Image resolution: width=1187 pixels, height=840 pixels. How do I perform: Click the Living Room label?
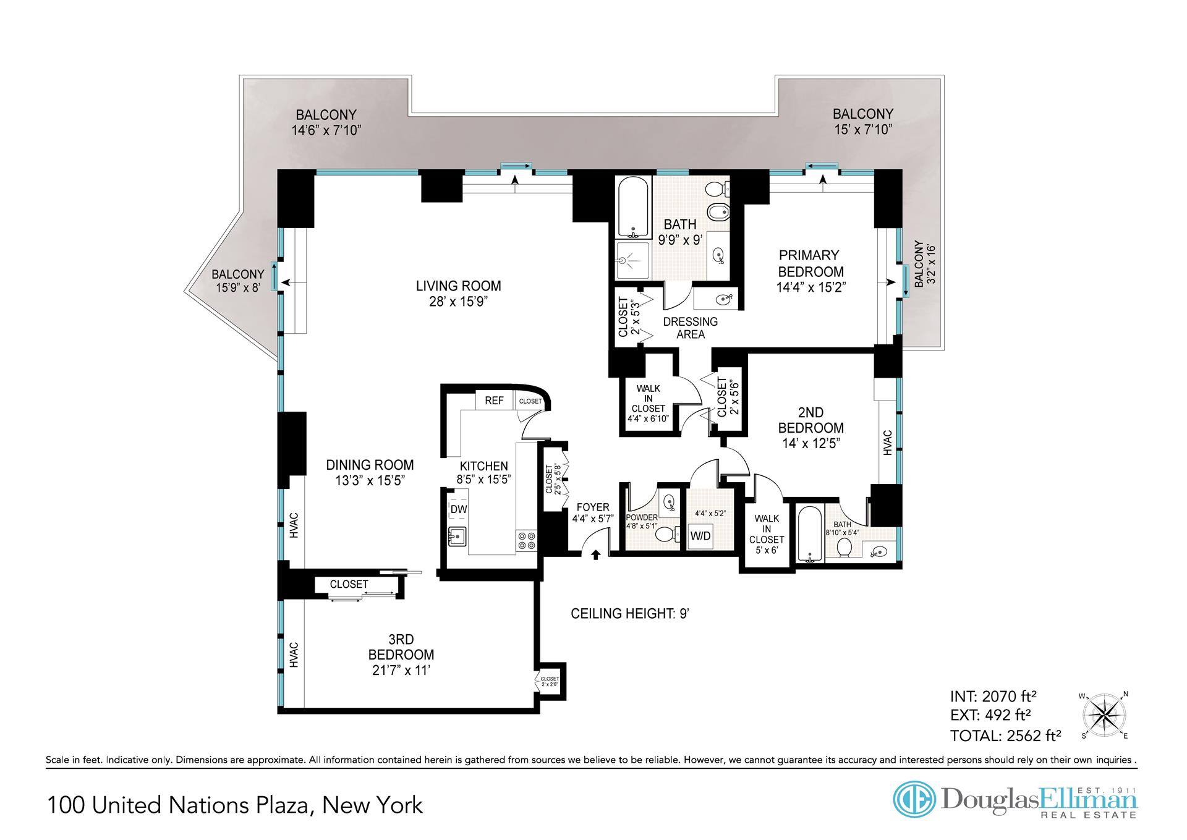point(458,286)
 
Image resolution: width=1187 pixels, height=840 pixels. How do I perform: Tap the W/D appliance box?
point(700,536)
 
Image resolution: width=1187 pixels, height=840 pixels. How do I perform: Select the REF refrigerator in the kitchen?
point(494,401)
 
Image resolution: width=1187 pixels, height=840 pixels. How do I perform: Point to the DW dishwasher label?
point(459,509)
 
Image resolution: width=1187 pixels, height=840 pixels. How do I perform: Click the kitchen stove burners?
point(527,541)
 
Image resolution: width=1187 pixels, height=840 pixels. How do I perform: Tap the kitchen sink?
point(457,537)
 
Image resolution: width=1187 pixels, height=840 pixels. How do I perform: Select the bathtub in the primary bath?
point(633,208)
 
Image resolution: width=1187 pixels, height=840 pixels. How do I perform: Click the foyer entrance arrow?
point(596,555)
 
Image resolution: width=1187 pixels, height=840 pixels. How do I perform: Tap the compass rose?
point(1104,716)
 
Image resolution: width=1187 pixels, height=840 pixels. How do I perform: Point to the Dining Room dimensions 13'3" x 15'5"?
point(370,480)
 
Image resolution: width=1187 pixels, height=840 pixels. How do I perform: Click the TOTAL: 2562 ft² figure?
point(1006,736)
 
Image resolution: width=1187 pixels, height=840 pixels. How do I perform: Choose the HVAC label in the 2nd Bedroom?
point(888,443)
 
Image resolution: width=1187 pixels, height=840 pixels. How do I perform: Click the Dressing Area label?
point(691,328)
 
